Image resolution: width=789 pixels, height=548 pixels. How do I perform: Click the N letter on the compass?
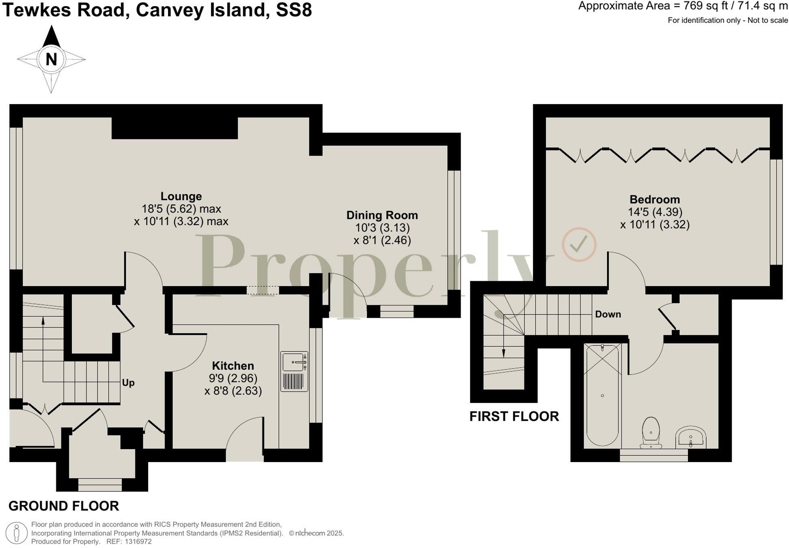[51, 60]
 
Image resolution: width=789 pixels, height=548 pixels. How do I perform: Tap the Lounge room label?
[181, 196]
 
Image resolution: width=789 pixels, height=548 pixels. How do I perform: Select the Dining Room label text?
[382, 215]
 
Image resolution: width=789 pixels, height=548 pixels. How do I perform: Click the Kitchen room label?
[233, 366]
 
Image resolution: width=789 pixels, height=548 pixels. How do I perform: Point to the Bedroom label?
[654, 199]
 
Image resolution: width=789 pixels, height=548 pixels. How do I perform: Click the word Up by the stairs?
[128, 383]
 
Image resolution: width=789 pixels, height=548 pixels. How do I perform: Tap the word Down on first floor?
[608, 314]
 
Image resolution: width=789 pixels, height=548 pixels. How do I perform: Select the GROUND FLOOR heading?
[64, 506]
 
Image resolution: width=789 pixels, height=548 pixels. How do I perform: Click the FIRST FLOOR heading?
[514, 416]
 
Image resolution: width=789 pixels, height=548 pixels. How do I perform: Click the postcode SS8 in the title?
[294, 10]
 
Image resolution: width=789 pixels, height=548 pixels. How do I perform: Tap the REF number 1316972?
[138, 542]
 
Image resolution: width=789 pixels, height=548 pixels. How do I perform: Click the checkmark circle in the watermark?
[579, 244]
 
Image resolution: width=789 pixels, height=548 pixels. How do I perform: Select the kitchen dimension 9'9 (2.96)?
[233, 378]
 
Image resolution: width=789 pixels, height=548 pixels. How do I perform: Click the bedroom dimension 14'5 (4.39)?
[655, 212]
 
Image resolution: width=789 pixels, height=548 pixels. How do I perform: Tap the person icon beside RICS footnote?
[17, 533]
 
